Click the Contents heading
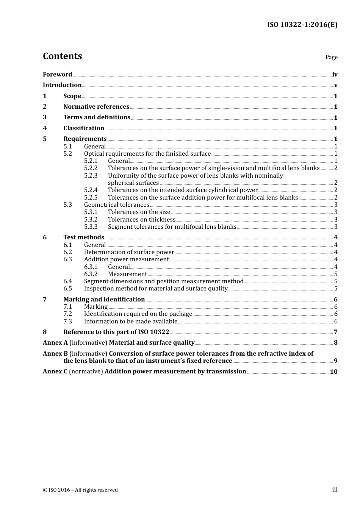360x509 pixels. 62,56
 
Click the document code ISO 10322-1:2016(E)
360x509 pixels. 302,25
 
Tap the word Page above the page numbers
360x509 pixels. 331,57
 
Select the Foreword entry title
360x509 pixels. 57,75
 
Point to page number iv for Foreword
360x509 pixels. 335,75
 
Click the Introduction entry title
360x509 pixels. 62,85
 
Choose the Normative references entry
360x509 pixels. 96,107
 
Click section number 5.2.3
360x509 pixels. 91,176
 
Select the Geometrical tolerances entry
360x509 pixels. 116,205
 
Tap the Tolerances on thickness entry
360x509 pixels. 141,220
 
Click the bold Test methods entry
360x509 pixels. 83,237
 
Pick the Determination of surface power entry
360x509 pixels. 129,252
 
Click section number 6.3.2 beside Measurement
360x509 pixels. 91,274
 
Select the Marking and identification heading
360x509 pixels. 104,300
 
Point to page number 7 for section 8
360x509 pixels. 336,332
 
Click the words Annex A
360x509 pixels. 55,343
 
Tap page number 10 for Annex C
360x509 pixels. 333,372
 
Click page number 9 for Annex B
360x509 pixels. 336,361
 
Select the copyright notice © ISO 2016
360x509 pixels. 80,490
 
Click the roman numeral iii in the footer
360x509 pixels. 335,490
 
